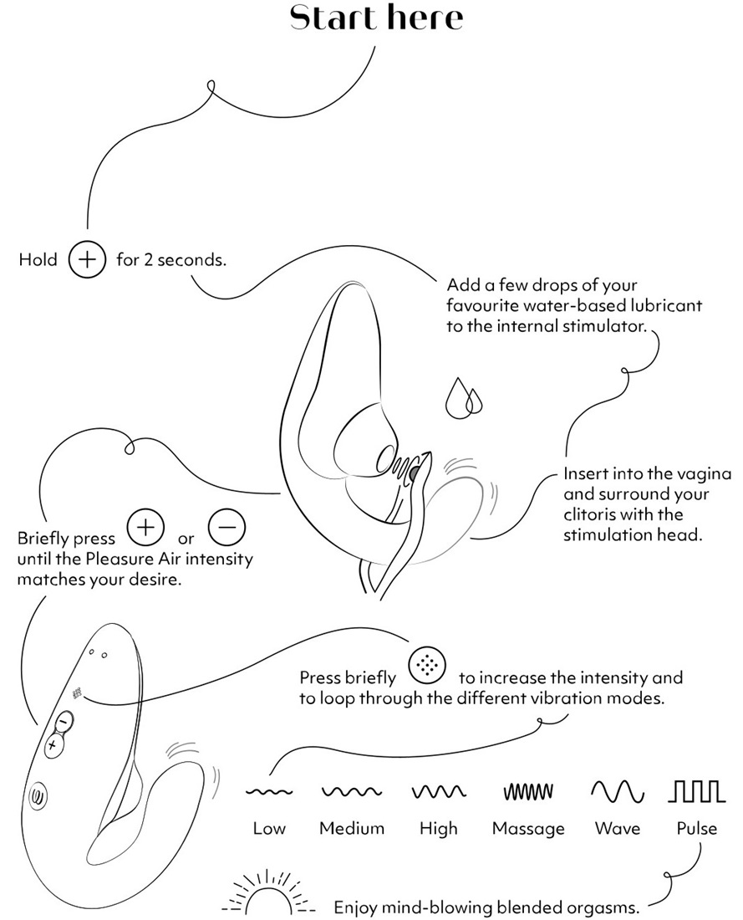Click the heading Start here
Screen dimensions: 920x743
point(375,18)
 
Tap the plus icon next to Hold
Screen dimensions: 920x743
point(86,259)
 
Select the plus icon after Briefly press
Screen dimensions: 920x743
point(144,529)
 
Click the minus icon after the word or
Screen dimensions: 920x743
point(226,529)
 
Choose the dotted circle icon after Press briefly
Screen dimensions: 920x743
point(427,667)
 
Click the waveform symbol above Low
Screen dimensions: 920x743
point(268,791)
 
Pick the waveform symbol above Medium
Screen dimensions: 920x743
point(352,791)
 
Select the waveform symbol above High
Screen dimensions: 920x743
point(439,791)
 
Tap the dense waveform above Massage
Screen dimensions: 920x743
point(527,791)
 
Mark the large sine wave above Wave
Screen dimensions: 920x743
point(618,790)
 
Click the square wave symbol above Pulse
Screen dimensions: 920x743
point(696,790)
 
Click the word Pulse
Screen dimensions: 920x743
point(696,829)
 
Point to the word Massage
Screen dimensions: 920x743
point(527,829)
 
